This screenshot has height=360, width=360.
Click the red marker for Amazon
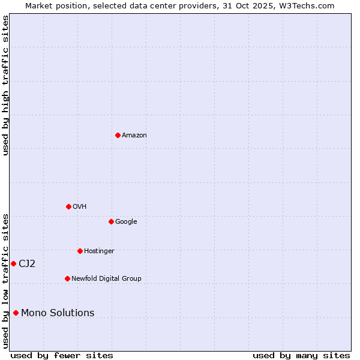(118, 135)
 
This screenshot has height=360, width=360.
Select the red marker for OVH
(68, 206)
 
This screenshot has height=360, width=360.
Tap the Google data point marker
(111, 221)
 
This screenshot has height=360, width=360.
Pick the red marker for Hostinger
(80, 251)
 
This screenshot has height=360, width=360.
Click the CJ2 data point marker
(13, 263)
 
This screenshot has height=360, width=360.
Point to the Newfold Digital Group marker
(67, 278)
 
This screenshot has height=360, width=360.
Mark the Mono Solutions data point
(16, 313)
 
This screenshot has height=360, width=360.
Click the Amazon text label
(134, 136)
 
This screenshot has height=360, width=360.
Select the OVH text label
(80, 207)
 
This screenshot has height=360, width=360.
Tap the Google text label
(126, 222)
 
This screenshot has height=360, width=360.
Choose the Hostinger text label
(99, 251)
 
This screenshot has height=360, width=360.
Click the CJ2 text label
(27, 264)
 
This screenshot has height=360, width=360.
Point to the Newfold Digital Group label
(106, 279)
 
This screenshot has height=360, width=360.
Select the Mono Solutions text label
(58, 313)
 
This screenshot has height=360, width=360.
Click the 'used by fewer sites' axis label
(62, 356)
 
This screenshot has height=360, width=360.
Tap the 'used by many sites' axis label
(301, 356)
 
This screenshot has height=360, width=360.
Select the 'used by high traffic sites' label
(5, 85)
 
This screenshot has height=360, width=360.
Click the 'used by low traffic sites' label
(5, 281)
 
